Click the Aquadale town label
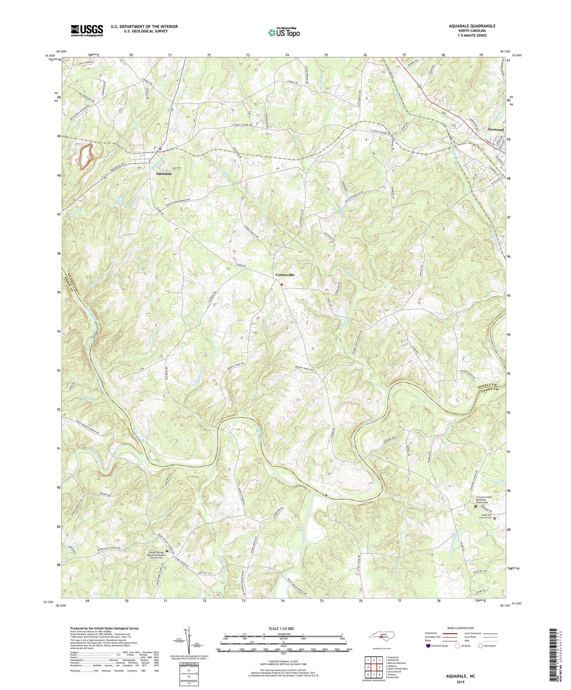[x=164, y=173]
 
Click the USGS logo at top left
[x=87, y=30]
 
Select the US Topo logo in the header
[x=283, y=32]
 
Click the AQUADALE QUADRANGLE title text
[x=472, y=26]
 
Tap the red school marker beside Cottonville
[x=282, y=285]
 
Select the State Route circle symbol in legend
[x=480, y=646]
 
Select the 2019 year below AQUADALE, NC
[x=460, y=682]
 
